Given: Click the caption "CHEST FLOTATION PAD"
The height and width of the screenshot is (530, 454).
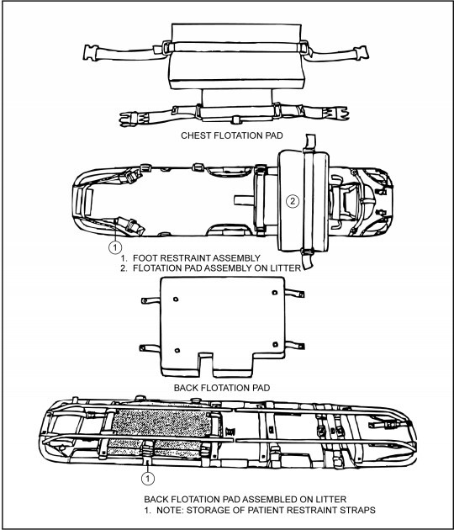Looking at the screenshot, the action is tap(232, 135).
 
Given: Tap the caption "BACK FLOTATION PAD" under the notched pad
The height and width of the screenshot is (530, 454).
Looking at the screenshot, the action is tap(222, 388).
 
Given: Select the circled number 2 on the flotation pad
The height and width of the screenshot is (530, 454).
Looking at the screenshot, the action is tap(293, 201).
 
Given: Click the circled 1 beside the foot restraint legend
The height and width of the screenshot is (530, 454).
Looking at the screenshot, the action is tap(115, 247).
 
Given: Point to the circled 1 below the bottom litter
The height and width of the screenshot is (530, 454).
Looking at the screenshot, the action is tap(148, 479).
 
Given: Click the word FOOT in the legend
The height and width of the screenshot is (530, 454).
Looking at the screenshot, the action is tap(145, 258).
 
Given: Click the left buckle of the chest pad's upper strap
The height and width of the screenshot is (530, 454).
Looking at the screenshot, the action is tap(91, 53).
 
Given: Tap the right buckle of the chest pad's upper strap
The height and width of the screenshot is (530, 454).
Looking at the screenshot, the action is tap(362, 53).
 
